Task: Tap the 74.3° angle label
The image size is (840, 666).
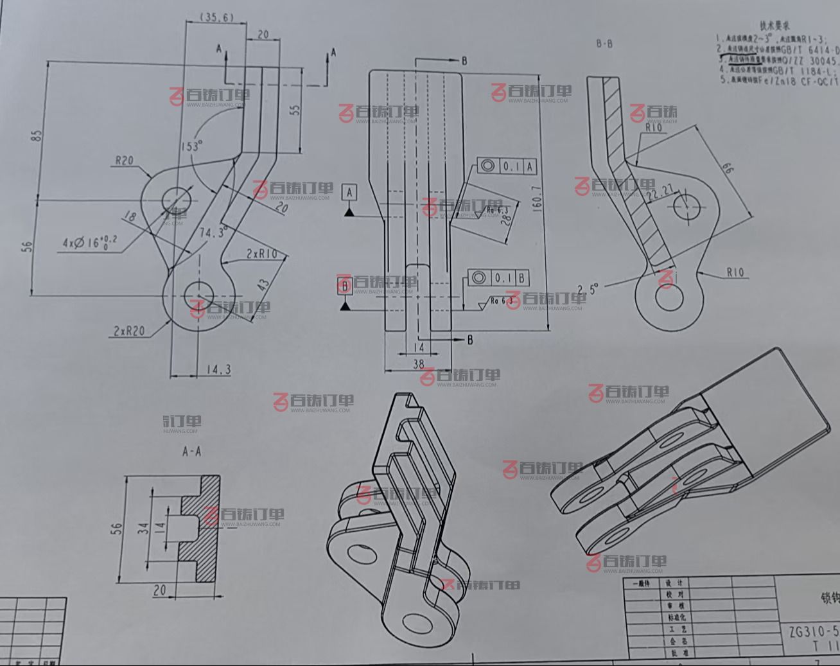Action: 213,232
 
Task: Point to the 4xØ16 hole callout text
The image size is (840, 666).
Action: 90,241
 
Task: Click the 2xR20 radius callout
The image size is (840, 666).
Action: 128,331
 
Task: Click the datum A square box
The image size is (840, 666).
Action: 349,191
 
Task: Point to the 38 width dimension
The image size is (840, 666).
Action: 418,364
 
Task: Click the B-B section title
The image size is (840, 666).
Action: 604,44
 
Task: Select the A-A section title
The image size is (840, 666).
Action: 191,451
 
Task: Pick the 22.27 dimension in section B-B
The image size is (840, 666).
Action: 660,191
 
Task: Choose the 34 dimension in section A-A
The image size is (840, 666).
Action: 144,528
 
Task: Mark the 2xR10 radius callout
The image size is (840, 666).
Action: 261,254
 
